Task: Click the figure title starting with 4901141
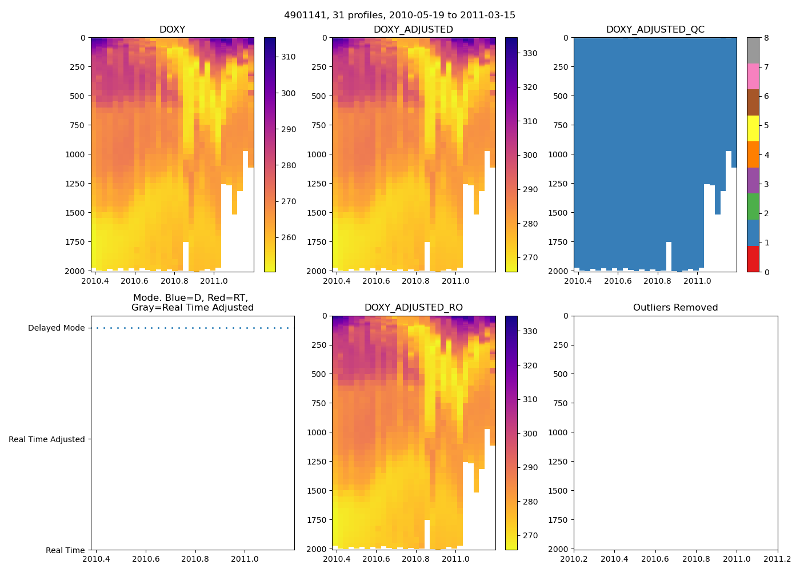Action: [399, 15]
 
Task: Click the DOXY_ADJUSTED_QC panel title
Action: [655, 29]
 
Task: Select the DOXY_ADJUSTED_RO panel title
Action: [413, 308]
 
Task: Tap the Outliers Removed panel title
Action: [675, 308]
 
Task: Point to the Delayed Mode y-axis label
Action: [56, 328]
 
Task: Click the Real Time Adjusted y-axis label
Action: [47, 439]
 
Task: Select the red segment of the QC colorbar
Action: [753, 259]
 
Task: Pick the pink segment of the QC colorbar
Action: [753, 76]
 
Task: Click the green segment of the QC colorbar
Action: [753, 206]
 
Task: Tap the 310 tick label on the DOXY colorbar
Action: [288, 57]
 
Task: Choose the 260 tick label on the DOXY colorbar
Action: [288, 238]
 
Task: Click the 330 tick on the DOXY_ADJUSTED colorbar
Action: [530, 54]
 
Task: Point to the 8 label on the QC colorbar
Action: [766, 38]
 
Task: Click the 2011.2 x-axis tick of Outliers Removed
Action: [777, 559]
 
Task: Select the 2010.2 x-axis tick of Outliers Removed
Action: [574, 559]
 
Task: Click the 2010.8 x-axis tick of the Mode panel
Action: [195, 559]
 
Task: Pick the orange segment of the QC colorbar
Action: [753, 154]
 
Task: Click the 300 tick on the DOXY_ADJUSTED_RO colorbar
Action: [530, 434]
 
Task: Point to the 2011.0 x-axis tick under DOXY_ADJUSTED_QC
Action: [697, 281]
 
